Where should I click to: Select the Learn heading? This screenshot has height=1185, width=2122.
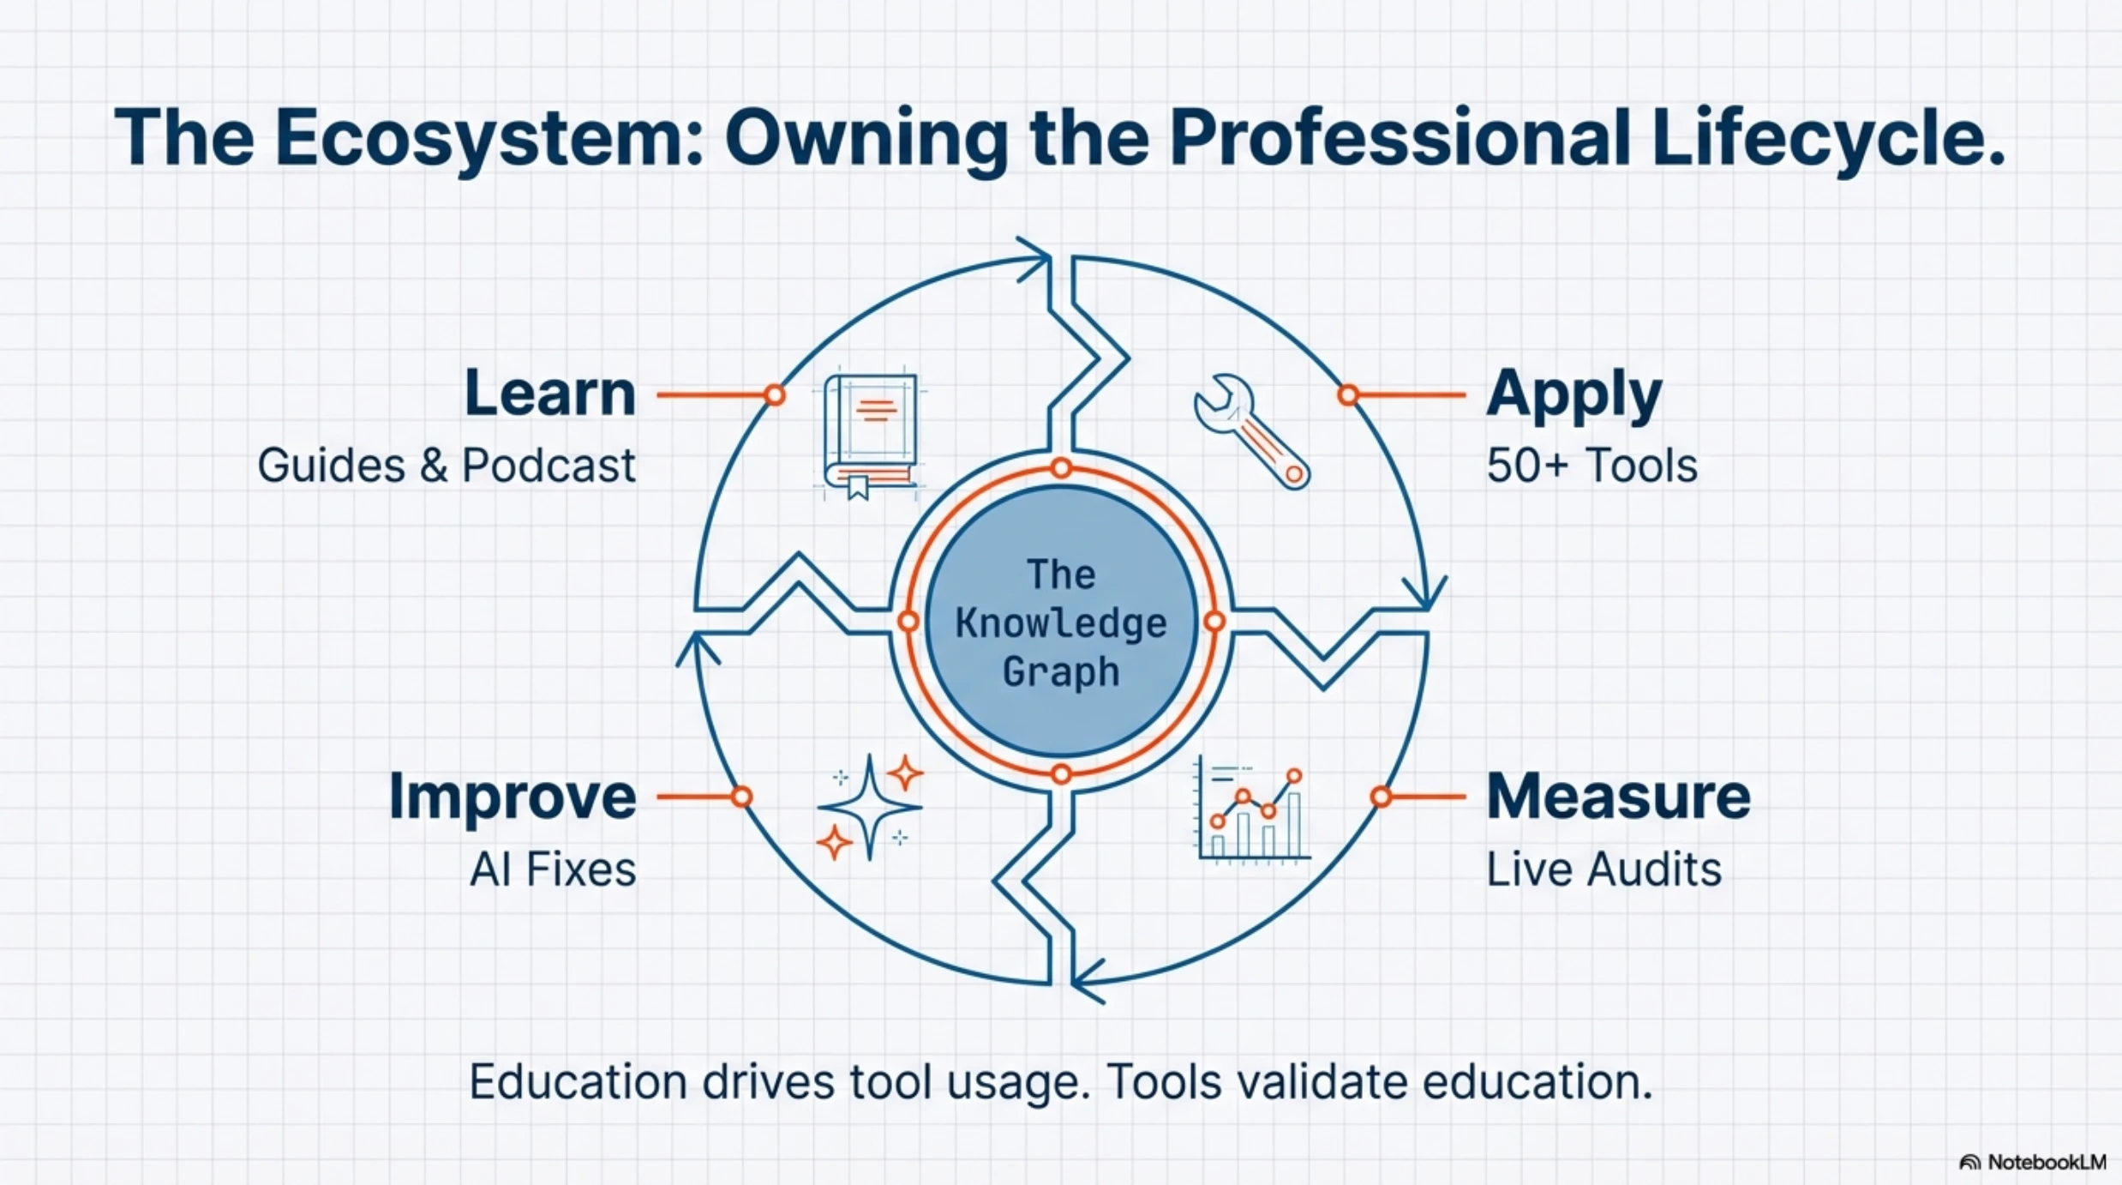coord(550,394)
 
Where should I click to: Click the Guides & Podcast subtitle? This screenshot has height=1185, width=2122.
coord(447,466)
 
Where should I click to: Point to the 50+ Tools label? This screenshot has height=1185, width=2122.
coord(1591,466)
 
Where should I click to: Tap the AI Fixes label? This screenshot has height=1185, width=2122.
coord(553,869)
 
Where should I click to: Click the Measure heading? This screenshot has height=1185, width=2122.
coord(1618,797)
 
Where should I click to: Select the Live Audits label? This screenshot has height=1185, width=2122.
coord(1603,869)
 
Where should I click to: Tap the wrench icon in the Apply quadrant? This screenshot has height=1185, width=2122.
coord(1251,430)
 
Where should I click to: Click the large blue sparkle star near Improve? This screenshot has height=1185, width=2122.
coord(869,806)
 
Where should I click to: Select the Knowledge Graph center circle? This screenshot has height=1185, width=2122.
coord(1061,622)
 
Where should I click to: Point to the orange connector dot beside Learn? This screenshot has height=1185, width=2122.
coord(775,395)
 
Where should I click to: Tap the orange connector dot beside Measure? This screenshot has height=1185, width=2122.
coord(1380,797)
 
